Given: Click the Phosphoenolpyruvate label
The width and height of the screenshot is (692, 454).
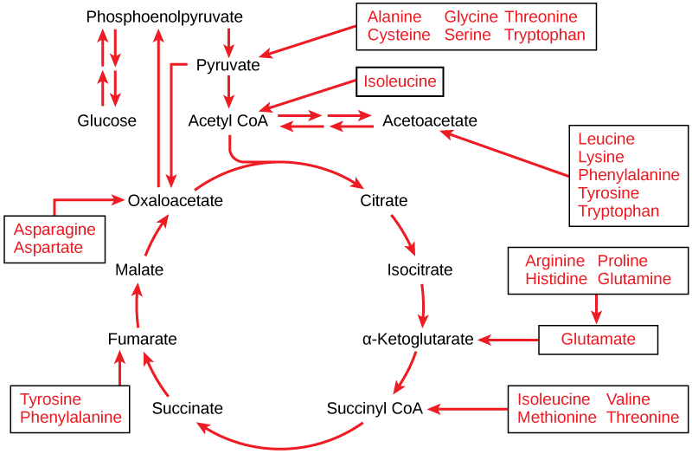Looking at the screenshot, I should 164,16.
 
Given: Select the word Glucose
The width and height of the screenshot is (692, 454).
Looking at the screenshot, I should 106,120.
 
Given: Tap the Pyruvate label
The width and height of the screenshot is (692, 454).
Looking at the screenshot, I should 227,65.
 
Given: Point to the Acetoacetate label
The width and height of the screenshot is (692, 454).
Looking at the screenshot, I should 429,120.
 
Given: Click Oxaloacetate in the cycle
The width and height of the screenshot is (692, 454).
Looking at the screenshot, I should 175,200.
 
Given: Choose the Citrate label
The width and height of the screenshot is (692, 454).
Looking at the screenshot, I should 383,200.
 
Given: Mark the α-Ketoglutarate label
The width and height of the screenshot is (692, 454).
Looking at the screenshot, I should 418,339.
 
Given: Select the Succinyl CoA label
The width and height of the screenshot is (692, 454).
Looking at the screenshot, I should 375,408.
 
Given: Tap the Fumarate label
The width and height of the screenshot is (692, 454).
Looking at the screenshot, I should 143,339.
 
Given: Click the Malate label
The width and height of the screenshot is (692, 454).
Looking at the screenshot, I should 139,269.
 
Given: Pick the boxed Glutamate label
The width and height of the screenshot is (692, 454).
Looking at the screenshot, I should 598,339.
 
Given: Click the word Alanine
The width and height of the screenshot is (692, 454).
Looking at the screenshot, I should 394,17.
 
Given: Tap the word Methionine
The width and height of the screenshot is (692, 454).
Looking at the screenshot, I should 557,417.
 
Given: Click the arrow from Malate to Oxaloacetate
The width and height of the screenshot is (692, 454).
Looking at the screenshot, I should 156,235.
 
